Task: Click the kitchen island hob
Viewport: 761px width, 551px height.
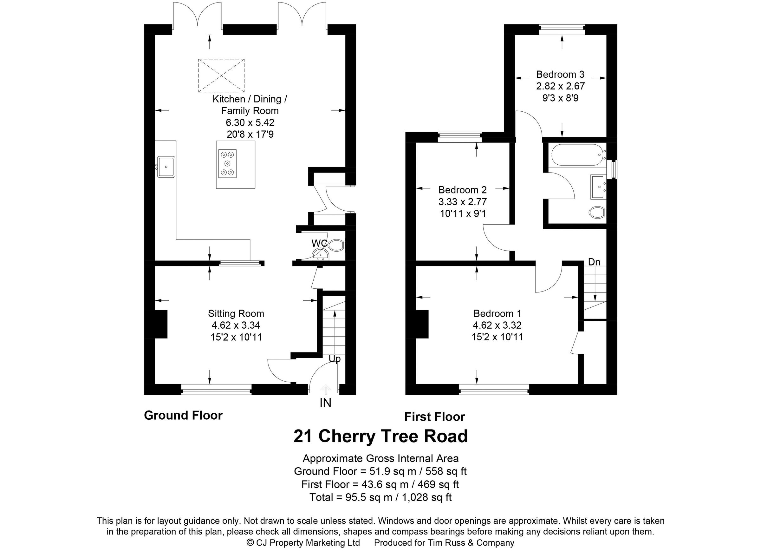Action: pos(227,163)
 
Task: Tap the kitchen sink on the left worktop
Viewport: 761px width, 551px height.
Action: pos(166,167)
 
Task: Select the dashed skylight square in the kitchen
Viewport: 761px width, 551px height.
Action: pos(221,75)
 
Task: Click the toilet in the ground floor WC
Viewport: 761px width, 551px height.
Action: pos(335,245)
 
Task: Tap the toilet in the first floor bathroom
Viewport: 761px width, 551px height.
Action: pos(597,212)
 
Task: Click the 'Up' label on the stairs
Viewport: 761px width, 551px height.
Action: pos(335,359)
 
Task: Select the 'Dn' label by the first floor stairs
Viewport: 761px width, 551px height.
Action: pos(594,262)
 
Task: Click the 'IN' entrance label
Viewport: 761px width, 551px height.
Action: pos(325,403)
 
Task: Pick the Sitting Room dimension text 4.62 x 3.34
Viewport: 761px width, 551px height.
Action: pos(236,325)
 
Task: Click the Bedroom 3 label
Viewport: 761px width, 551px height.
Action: pos(560,74)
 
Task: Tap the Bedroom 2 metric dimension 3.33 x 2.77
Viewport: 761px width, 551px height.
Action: pos(462,202)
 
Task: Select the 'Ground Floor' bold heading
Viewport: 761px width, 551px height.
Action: pos(183,415)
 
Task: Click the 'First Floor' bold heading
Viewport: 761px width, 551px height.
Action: pos(434,417)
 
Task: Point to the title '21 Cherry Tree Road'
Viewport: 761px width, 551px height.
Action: pos(380,436)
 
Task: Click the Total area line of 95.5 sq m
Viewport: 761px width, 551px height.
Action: pos(380,497)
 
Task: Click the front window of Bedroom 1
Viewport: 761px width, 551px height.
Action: pos(494,389)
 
